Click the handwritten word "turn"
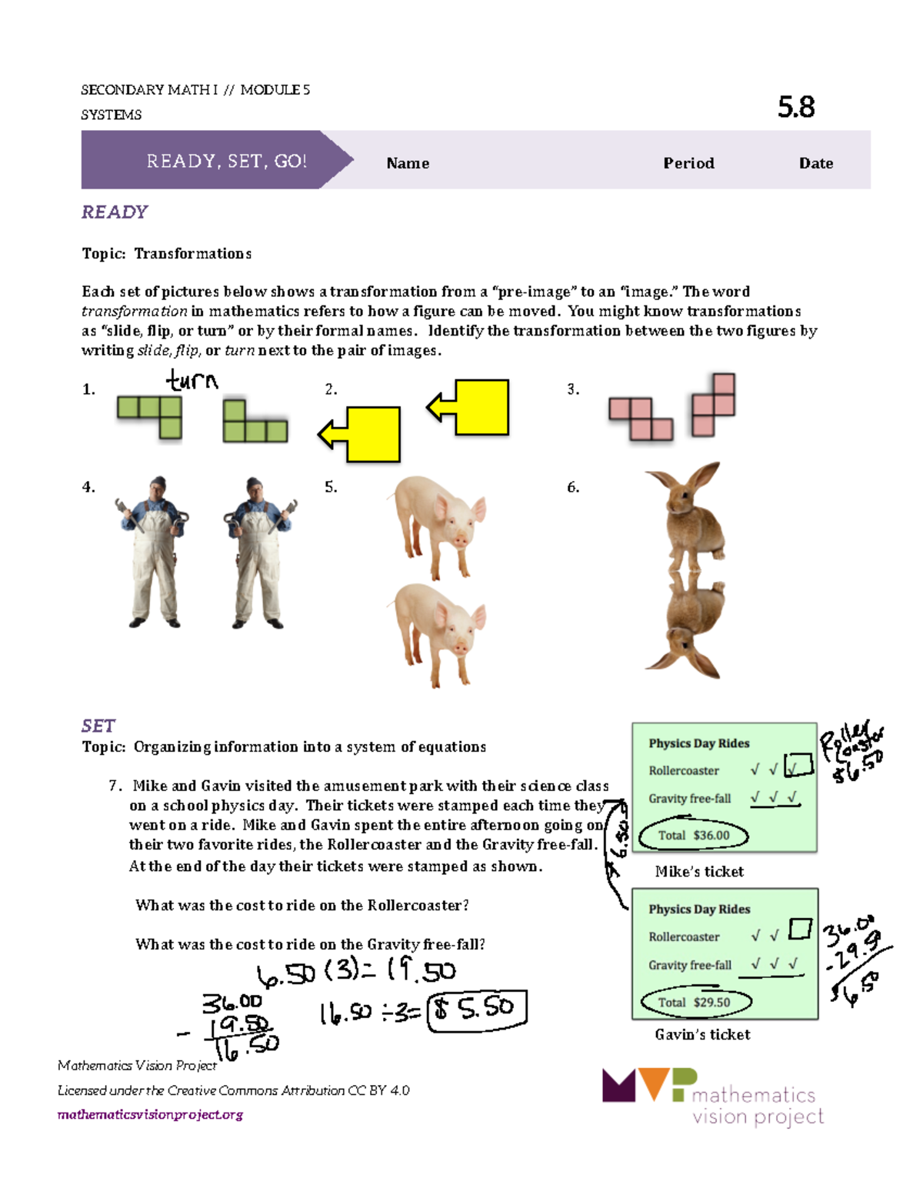coord(192,380)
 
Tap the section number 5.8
coord(796,107)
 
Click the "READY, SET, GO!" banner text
coord(226,161)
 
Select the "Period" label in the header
coord(688,163)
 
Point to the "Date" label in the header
coord(816,163)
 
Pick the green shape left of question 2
coord(255,422)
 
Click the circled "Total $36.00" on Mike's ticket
coord(693,836)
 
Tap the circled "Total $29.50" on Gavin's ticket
coord(695,1002)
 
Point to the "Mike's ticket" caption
coord(699,872)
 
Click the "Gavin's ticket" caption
coord(702,1035)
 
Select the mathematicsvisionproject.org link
coord(150,1114)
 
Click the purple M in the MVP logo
coord(618,1085)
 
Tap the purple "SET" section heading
coord(98,726)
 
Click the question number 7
coord(115,786)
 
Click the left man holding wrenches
coord(156,550)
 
